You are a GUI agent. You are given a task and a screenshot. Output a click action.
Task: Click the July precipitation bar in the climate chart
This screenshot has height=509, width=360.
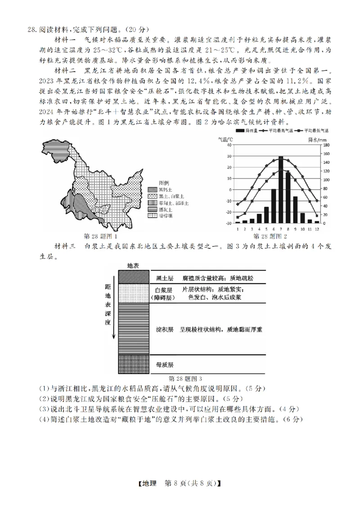coord(281,189)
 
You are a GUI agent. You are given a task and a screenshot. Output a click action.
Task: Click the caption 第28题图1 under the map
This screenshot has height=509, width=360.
coord(101,236)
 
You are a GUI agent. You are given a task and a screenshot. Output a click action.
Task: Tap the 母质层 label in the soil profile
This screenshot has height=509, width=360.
coord(164,364)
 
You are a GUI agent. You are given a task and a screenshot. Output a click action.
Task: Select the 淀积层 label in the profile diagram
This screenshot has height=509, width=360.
coord(164,330)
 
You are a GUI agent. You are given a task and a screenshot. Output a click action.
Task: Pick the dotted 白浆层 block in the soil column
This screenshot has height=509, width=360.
coord(134,293)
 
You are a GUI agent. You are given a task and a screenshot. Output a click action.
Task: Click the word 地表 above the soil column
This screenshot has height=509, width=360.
coord(134,266)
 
